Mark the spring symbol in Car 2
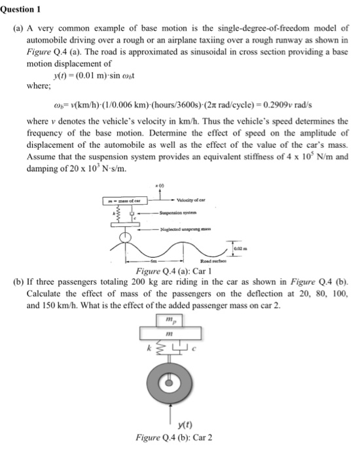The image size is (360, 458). click(x=158, y=353)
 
